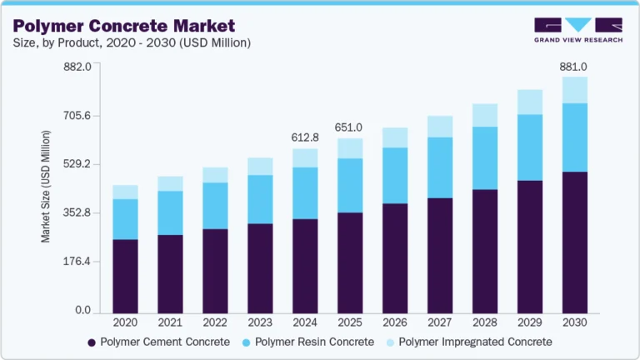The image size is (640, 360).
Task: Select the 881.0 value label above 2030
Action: [574, 67]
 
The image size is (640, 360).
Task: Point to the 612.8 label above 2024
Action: [304, 137]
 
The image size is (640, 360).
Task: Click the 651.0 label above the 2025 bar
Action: [349, 127]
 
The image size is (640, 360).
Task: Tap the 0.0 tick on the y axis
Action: [82, 310]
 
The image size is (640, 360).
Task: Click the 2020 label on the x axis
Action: [125, 322]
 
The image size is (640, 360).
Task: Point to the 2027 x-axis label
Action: [440, 322]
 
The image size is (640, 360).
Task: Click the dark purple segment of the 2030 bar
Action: [574, 241]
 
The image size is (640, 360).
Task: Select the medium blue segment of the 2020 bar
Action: [125, 219]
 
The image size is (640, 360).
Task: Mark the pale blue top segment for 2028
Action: [484, 115]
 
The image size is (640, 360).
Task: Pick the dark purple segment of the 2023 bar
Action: [260, 267]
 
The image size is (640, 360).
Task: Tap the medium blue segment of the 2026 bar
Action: [394, 175]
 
